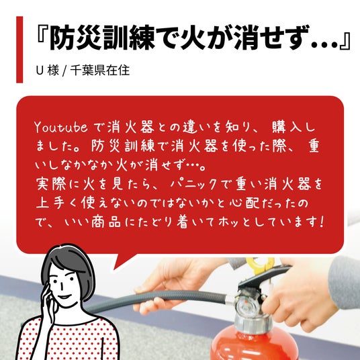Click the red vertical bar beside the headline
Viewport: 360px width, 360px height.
[x=19, y=50]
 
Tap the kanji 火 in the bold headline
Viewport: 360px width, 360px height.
[x=193, y=38]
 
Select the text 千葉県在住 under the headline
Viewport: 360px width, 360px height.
[x=100, y=71]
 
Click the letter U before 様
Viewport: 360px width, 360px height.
[x=40, y=71]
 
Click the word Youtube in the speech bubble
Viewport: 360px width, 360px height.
[x=61, y=127]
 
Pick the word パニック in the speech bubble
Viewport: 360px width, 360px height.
[x=193, y=184]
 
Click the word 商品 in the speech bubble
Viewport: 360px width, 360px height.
[x=106, y=222]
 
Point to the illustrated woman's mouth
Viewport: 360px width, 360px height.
[x=65, y=297]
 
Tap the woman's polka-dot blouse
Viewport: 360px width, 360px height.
[x=69, y=340]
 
